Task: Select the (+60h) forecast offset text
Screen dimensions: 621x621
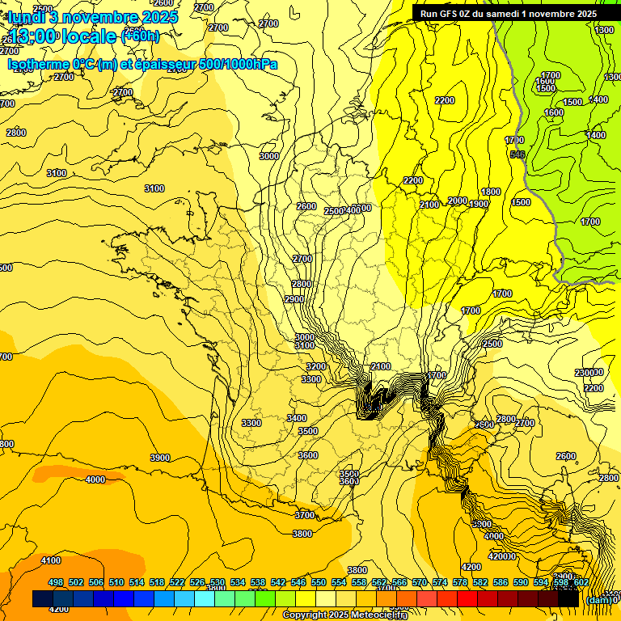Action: [140, 36]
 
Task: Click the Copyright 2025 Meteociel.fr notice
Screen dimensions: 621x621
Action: [345, 615]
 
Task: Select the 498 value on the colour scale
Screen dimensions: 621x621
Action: [56, 582]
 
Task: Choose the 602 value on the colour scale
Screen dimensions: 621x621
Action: [581, 582]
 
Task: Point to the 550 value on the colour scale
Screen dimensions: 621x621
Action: [319, 582]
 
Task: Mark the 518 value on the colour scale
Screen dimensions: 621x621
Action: [157, 582]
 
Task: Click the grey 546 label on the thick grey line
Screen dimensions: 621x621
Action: [518, 154]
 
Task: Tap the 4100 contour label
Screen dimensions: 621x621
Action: [51, 560]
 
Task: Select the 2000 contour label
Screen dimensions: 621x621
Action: [458, 201]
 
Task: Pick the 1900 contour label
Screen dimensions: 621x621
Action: [479, 204]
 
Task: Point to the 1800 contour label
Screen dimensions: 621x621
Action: [491, 192]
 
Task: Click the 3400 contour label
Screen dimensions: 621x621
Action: [297, 417]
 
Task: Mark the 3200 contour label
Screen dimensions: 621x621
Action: [316, 366]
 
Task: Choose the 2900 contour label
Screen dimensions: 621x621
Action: [294, 299]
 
